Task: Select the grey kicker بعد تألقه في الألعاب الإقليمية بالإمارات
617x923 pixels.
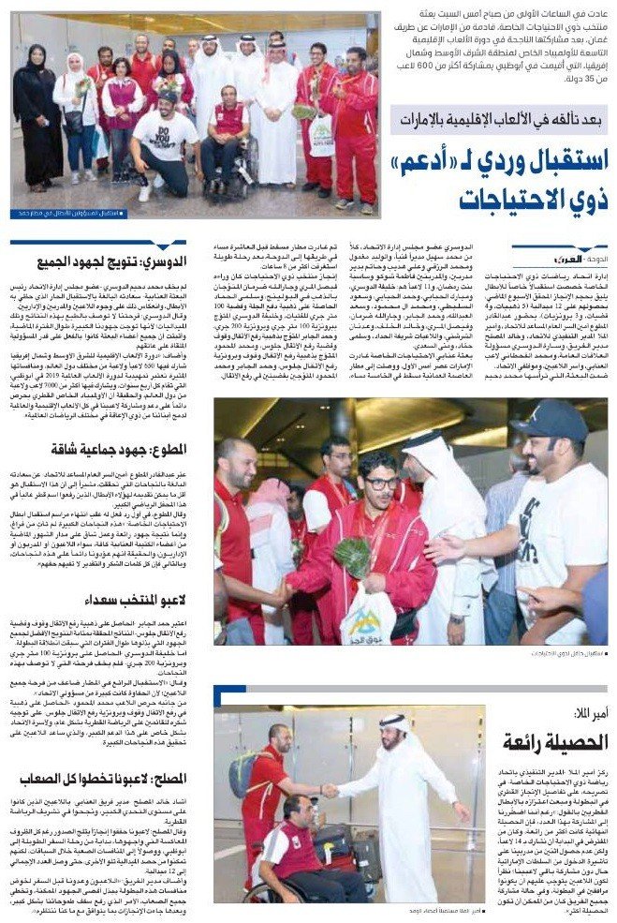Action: (x=500, y=120)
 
